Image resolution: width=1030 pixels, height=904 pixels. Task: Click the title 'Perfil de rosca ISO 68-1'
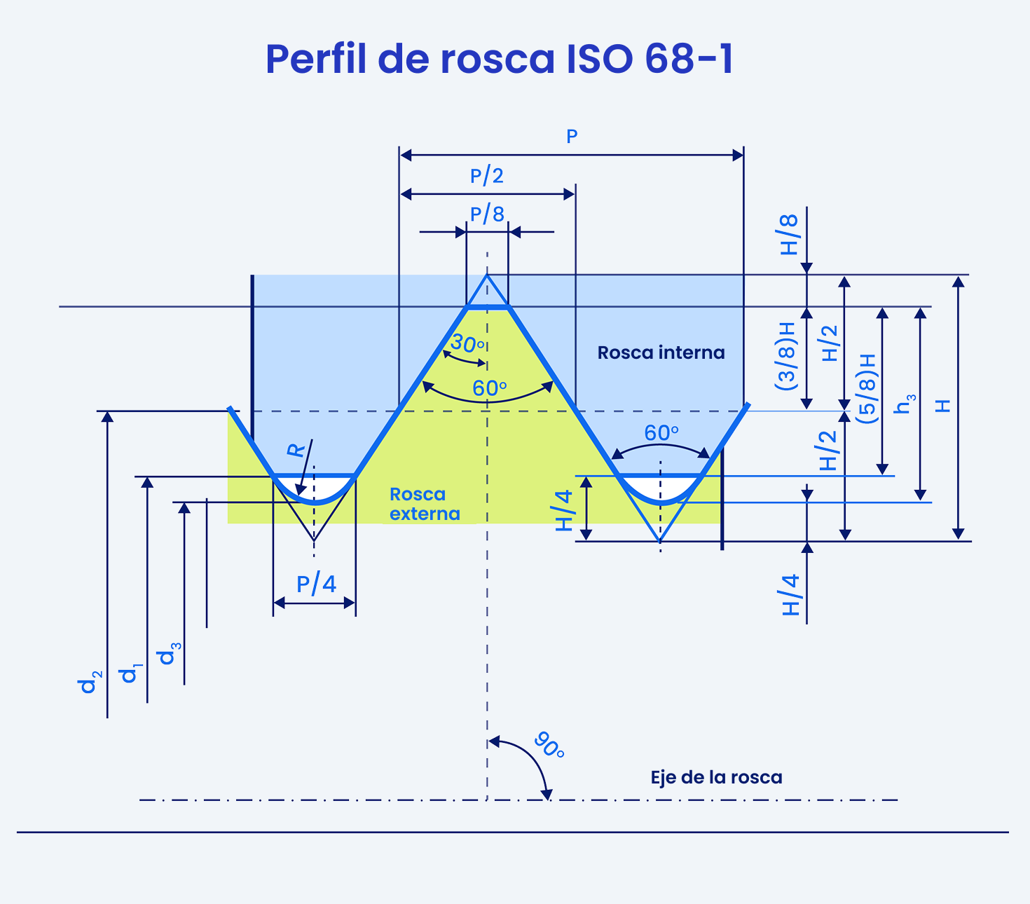point(500,60)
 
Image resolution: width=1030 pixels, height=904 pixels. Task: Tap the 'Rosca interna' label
point(661,352)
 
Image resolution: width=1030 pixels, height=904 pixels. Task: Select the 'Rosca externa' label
point(425,504)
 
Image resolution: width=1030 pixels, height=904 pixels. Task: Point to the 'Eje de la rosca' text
point(716,777)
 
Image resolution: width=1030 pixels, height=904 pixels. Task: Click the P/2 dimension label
point(486,176)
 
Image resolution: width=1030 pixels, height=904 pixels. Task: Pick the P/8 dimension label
point(487,214)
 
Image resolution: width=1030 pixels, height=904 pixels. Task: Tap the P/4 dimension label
point(316,584)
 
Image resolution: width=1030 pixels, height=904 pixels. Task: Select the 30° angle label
point(467,343)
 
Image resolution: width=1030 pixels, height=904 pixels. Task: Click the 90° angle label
point(549,746)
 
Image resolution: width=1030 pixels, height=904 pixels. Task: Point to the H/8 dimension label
point(789,235)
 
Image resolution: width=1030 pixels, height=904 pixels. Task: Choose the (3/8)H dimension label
point(785,357)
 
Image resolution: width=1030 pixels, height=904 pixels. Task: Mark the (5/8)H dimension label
point(867,389)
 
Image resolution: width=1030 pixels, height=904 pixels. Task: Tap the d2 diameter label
point(90,682)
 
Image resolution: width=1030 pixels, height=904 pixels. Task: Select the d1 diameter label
point(130,673)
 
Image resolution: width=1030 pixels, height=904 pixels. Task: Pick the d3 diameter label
point(170,653)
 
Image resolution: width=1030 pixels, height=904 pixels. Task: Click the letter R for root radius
point(296,450)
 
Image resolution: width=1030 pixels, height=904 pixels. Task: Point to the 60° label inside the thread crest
point(489,388)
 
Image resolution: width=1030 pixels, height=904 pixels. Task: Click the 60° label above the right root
point(661,433)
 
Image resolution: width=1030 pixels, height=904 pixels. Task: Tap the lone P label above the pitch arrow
point(572,136)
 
